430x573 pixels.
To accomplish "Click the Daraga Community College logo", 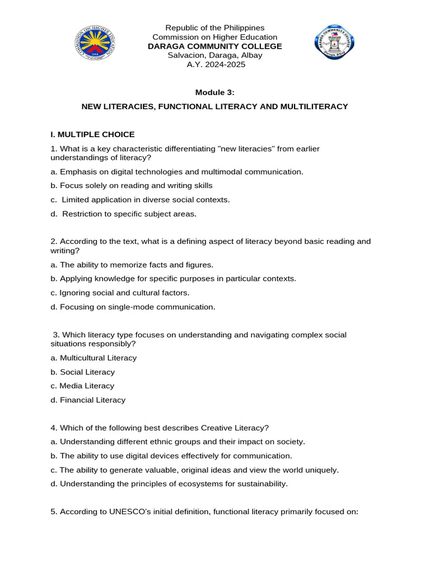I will click(x=335, y=42).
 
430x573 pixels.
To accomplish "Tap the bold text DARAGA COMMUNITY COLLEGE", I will click(x=215, y=46).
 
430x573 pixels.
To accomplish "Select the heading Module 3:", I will click(x=215, y=92).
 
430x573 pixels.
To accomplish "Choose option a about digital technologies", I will click(x=176, y=172).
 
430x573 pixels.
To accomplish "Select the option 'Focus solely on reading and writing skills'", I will click(x=132, y=185).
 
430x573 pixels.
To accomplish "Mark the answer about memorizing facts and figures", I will click(x=132, y=265).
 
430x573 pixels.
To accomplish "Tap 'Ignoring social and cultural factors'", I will click(x=120, y=293).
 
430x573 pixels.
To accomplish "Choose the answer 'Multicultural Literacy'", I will click(x=94, y=358).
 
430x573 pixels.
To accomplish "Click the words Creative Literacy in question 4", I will click(x=211, y=428).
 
